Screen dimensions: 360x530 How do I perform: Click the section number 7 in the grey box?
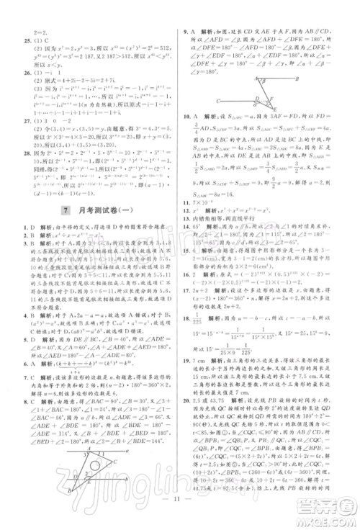pos(66,212)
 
